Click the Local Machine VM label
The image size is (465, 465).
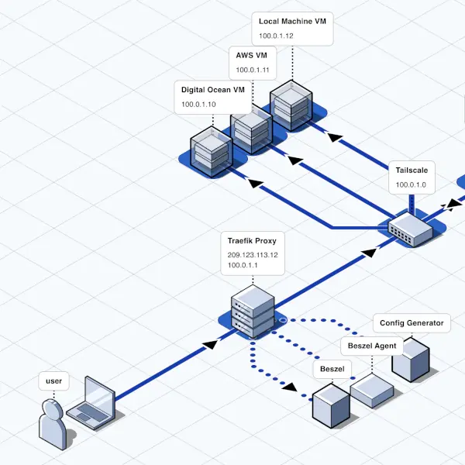click(x=292, y=21)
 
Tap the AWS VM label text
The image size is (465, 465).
click(x=251, y=56)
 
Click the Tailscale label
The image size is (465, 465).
click(x=411, y=170)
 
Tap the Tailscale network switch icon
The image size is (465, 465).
click(x=410, y=229)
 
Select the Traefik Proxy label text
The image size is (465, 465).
click(x=252, y=240)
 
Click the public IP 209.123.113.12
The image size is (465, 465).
click(x=253, y=253)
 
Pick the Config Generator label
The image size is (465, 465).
click(x=412, y=322)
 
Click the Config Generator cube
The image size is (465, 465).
click(x=410, y=359)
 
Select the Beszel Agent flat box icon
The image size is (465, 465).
click(x=372, y=390)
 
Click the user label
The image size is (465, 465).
click(x=53, y=381)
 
